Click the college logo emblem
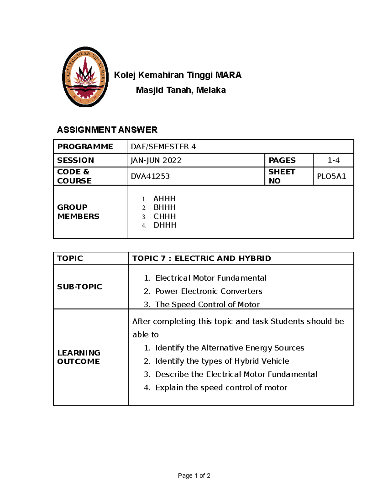tap(85, 77)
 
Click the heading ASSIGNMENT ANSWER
tap(107, 130)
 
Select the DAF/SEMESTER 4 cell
tap(163, 147)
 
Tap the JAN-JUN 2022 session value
tap(156, 160)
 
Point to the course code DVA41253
tap(150, 176)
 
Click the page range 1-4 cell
tap(333, 160)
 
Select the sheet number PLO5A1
tap(331, 176)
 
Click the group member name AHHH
tap(164, 198)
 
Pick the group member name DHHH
tap(165, 225)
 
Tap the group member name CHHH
tap(165, 216)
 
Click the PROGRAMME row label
tap(85, 147)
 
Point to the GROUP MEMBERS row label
tap(78, 212)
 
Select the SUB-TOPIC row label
tap(80, 287)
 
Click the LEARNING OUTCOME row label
tap(79, 357)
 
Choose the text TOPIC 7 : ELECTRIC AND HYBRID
tap(201, 258)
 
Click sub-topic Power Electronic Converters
tap(209, 291)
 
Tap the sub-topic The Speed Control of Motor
tap(207, 304)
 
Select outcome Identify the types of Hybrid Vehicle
tap(222, 361)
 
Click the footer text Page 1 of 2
tap(194, 475)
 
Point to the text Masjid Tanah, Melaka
tap(181, 90)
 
